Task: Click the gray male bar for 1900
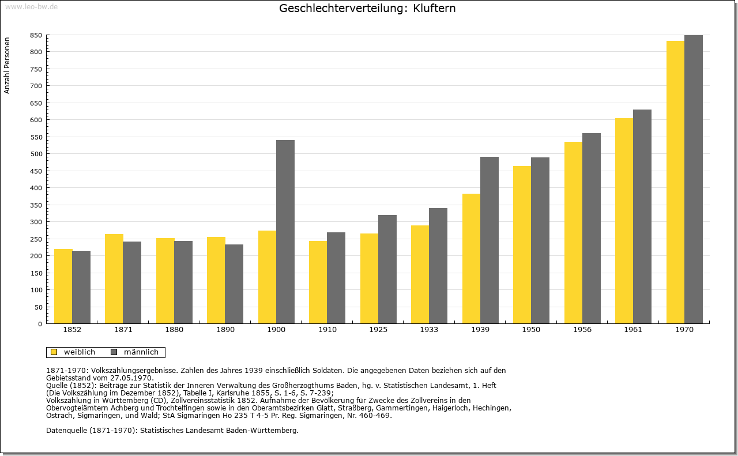click(x=285, y=232)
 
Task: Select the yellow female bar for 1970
click(x=675, y=182)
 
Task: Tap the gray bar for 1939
click(x=490, y=240)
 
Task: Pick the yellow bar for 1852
click(x=63, y=287)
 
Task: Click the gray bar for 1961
click(x=642, y=216)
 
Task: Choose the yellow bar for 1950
click(x=522, y=245)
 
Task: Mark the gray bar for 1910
click(x=336, y=278)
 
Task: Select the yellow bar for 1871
click(x=114, y=279)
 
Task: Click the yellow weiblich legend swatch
click(x=54, y=352)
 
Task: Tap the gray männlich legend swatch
click(x=114, y=352)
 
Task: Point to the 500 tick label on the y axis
click(x=36, y=154)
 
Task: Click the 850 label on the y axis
click(x=36, y=35)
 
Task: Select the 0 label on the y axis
click(x=40, y=324)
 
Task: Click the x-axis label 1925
click(x=378, y=330)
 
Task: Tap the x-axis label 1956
click(x=582, y=330)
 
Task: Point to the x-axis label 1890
click(x=225, y=330)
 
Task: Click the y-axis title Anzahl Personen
click(x=7, y=66)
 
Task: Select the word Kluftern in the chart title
click(x=434, y=8)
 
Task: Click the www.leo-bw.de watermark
click(x=31, y=6)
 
